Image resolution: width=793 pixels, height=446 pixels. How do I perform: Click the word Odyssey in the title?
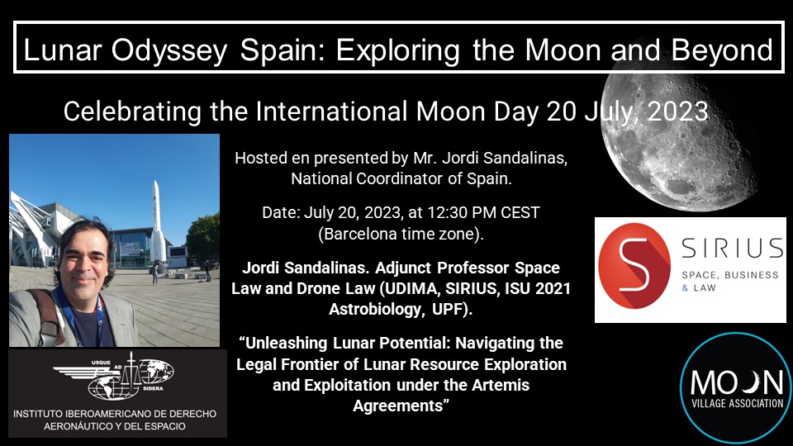click(x=169, y=50)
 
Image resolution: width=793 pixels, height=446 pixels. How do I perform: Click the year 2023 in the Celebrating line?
click(x=677, y=111)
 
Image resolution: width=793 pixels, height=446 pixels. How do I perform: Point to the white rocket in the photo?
click(x=157, y=221)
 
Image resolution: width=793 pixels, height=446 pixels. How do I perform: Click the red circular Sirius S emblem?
click(x=634, y=266)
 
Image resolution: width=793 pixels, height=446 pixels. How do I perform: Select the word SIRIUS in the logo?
click(x=733, y=249)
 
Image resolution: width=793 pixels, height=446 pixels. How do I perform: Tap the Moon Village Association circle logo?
click(x=736, y=388)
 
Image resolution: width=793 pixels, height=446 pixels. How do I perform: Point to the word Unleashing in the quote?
click(x=287, y=344)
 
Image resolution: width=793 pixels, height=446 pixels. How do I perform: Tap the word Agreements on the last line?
click(x=398, y=406)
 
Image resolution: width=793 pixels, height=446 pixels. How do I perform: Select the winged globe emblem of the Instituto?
click(x=114, y=375)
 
